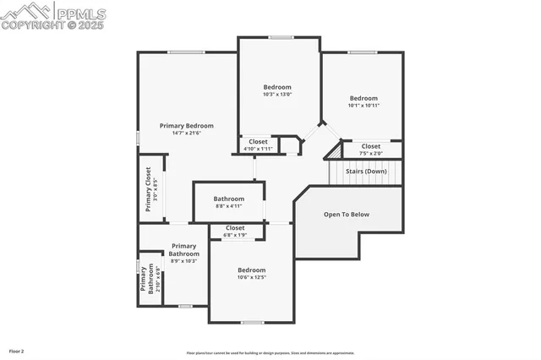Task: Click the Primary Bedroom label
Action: pos(187,125)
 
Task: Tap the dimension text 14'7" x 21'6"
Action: pos(187,133)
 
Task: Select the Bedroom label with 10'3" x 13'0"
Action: pos(277,87)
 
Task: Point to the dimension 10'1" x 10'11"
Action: pos(363,105)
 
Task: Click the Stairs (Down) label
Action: pos(366,172)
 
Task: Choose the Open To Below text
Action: pos(347,215)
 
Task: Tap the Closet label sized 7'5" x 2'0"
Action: pos(370,146)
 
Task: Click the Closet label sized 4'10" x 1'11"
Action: pos(258,141)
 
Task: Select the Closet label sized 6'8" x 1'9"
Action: pos(234,227)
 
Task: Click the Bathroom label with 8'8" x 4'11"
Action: pos(228,199)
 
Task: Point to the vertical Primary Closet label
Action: pos(148,189)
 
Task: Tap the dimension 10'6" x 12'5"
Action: pos(251,277)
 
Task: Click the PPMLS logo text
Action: pos(81,13)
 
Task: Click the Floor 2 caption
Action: pos(17,350)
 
